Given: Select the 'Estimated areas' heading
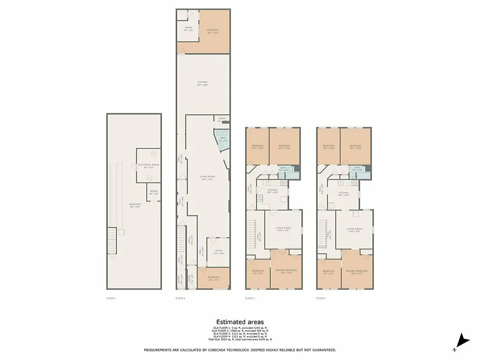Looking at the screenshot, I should (x=240, y=322).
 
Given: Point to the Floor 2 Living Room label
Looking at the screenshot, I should (x=207, y=177).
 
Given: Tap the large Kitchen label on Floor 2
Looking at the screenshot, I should (x=202, y=83).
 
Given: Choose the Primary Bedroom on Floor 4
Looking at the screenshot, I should (x=356, y=271).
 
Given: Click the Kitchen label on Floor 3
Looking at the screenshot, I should (x=273, y=191).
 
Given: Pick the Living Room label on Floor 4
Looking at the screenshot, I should (x=354, y=229).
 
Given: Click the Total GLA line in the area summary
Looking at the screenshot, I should (x=240, y=339).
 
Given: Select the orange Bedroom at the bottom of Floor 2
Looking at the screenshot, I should (x=213, y=278).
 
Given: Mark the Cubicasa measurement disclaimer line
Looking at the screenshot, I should (x=240, y=350).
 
